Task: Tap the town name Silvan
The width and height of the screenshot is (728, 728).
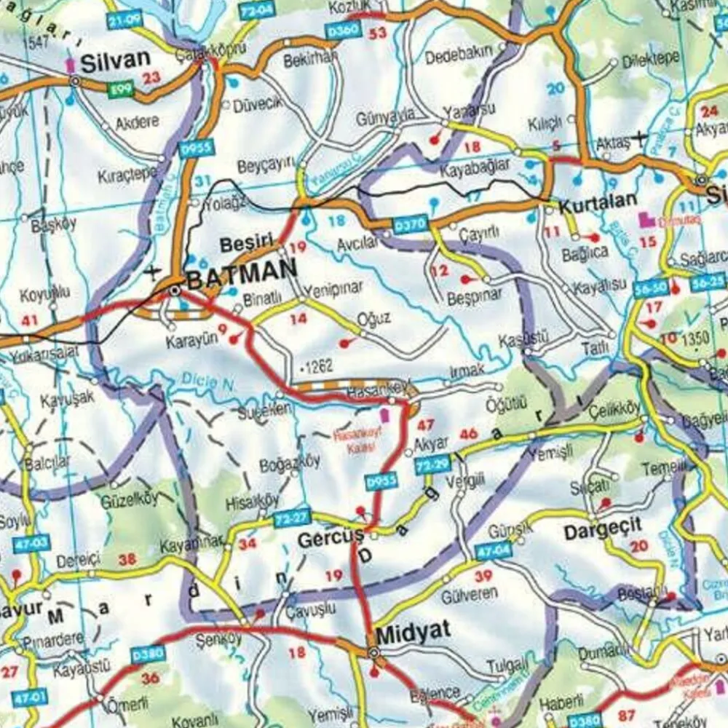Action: (x=115, y=62)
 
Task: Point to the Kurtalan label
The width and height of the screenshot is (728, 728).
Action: (x=598, y=202)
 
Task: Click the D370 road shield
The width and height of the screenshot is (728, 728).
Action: (x=409, y=226)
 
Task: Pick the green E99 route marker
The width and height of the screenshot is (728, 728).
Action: (x=121, y=90)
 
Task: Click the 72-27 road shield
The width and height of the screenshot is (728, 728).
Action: (x=293, y=519)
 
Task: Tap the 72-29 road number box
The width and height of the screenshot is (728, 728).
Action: (x=432, y=464)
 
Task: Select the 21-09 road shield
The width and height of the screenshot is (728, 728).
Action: (x=124, y=20)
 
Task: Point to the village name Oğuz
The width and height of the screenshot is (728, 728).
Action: (x=374, y=319)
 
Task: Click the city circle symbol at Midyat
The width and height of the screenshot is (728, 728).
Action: (x=373, y=654)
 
